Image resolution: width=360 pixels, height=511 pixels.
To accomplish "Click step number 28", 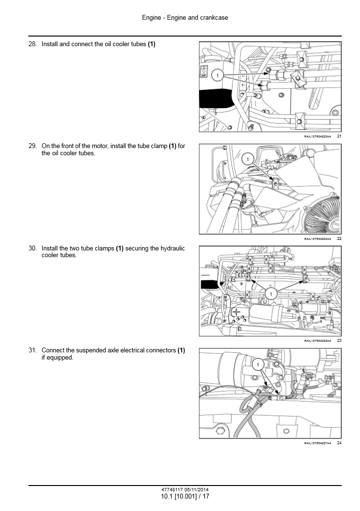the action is (33, 44).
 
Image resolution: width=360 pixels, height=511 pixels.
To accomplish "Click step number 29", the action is (33, 146).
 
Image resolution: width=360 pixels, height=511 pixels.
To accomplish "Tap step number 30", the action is (33, 249).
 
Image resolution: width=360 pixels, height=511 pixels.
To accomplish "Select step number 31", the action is (33, 350).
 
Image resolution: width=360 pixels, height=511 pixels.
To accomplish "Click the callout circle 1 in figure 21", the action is (218, 76).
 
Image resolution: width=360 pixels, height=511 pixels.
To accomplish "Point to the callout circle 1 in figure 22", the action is (248, 159).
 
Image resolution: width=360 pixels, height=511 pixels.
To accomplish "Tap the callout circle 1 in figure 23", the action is (271, 294).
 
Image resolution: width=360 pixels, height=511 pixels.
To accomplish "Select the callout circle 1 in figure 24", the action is (258, 365).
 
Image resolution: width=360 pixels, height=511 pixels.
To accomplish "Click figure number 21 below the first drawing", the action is (339, 136).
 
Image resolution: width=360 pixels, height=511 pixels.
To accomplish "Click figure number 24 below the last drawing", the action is (339, 443).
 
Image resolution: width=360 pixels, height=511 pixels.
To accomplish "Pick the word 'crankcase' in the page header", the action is (214, 18).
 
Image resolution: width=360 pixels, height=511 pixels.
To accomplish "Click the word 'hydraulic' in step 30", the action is (173, 249).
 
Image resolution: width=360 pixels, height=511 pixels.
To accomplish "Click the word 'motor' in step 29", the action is (99, 146).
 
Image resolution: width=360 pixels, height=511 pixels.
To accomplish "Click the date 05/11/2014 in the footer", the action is (197, 489).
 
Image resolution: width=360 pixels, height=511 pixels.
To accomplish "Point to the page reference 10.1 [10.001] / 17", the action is (185, 496).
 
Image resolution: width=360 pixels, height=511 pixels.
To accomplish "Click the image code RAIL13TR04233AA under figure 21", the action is (317, 137).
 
